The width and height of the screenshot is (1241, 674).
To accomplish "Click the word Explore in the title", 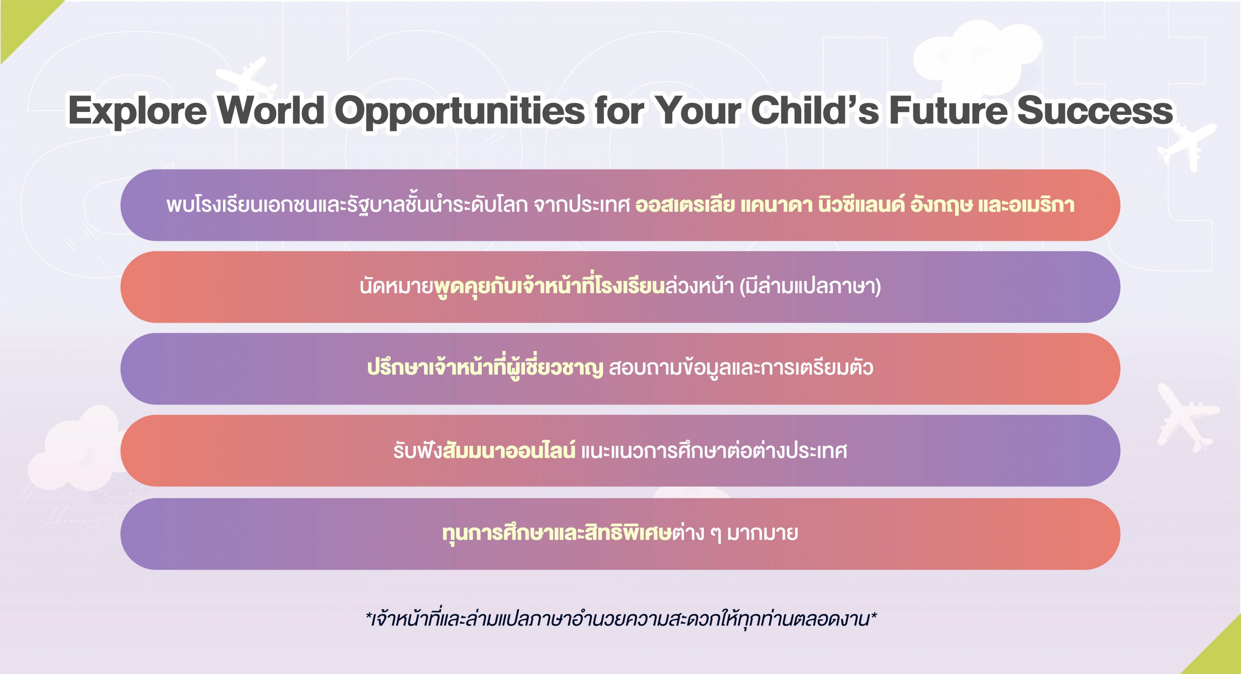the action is pyautogui.click(x=137, y=111).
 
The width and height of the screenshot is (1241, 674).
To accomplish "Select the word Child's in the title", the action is pyautogui.click(x=815, y=110).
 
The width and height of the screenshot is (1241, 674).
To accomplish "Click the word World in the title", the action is pyautogui.click(x=270, y=110).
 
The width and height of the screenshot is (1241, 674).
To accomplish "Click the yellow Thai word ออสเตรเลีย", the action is pyautogui.click(x=684, y=205).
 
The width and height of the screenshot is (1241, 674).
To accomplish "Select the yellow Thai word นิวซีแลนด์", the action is pyautogui.click(x=861, y=204).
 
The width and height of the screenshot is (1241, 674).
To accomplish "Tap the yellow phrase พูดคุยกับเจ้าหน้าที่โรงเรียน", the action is pyautogui.click(x=549, y=286).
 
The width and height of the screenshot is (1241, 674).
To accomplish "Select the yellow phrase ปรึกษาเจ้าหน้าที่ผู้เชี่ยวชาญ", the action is pyautogui.click(x=485, y=367).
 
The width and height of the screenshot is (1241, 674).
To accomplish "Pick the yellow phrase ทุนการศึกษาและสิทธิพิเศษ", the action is pyautogui.click(x=557, y=532).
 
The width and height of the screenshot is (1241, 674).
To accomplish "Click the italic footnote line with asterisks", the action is pyautogui.click(x=621, y=619).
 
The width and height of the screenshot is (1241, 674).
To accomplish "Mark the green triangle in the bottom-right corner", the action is pyautogui.click(x=1219, y=652).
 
